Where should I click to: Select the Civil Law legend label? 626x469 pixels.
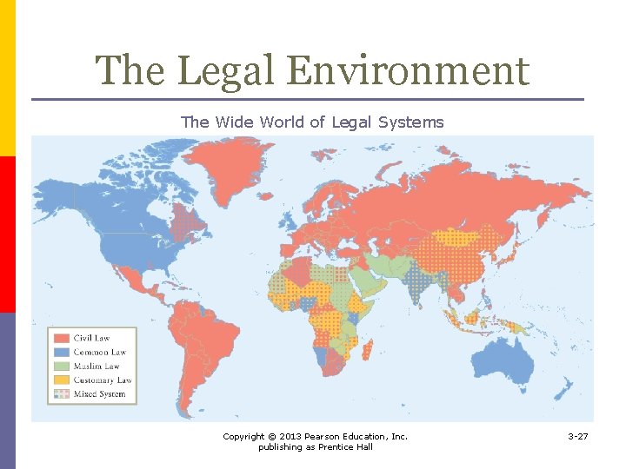coord(92,338)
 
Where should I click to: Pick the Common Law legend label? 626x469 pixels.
coord(100,352)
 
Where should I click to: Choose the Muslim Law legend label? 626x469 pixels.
coord(97,366)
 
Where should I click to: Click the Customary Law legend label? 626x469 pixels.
coord(103,380)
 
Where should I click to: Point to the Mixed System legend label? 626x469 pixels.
coord(99,393)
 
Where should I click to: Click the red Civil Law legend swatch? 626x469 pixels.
coord(61,338)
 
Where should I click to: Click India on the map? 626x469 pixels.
coord(421,282)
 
